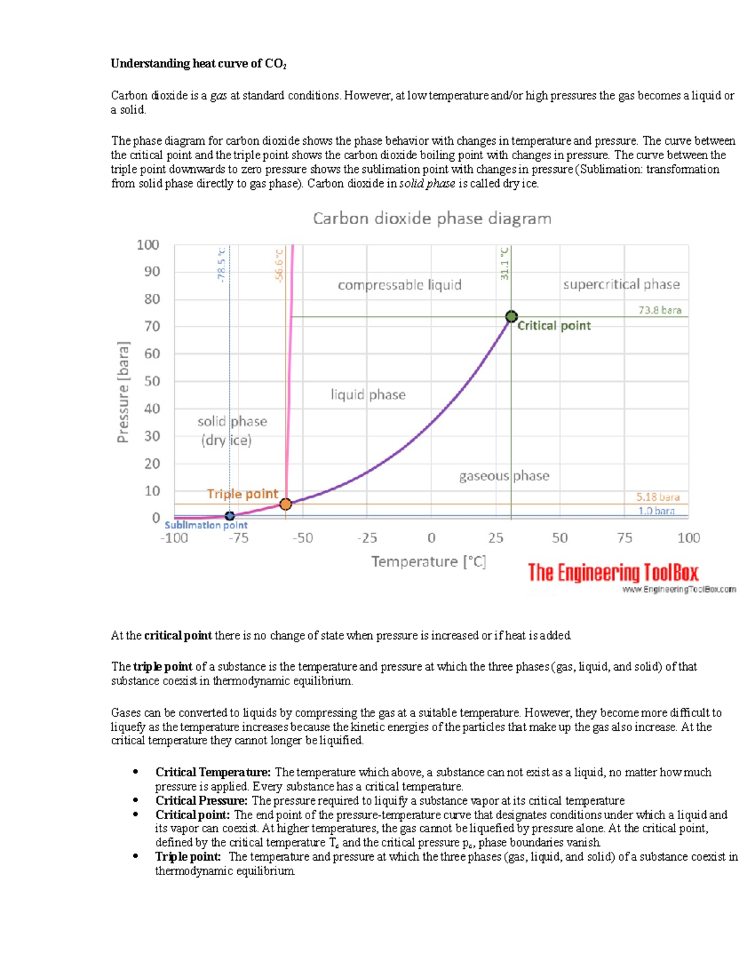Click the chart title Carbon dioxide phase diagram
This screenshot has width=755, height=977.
432,218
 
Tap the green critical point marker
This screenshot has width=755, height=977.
512,316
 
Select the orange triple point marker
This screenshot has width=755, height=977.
286,504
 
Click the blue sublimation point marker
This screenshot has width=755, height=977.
230,516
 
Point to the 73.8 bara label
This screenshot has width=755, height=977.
659,310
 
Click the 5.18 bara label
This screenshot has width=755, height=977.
657,497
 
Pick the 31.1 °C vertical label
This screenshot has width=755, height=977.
505,263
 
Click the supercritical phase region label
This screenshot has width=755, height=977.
621,284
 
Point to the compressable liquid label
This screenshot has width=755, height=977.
400,285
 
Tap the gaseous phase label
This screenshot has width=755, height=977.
504,476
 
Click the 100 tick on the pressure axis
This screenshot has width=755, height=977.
148,245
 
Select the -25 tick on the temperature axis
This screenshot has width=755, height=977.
367,538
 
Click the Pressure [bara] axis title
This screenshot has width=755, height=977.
123,391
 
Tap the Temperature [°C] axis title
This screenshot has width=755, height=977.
428,561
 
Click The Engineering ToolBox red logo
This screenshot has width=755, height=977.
613,572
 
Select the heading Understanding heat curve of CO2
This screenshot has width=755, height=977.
198,64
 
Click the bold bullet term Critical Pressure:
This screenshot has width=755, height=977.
201,800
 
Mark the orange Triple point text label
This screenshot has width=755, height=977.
242,494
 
